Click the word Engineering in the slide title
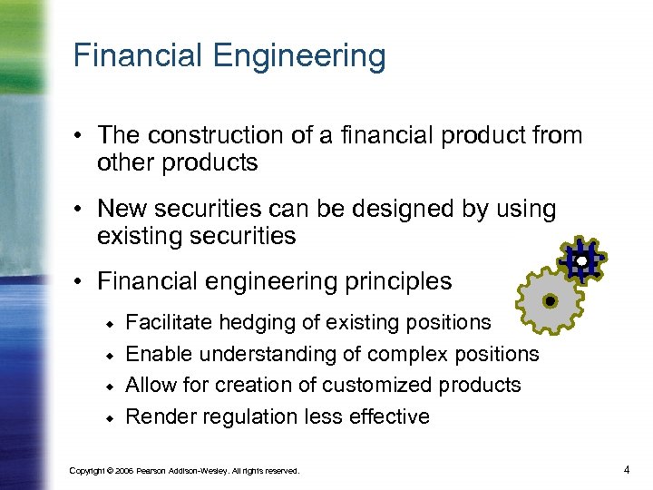point(299,57)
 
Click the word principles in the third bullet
point(392,281)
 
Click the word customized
point(380,385)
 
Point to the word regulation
point(236,416)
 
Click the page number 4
point(627,469)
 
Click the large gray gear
point(549,299)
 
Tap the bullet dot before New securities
point(81,209)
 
